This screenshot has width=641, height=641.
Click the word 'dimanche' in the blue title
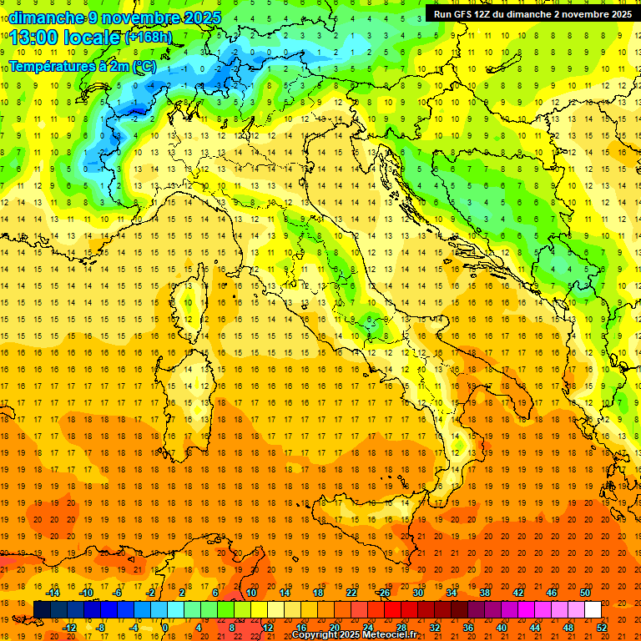pyautogui.click(x=47, y=18)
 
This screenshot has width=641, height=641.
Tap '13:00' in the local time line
pyautogui.click(x=34, y=37)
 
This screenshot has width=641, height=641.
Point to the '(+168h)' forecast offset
pyautogui.click(x=149, y=37)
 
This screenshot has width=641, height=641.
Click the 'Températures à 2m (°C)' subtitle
pyautogui.click(x=82, y=66)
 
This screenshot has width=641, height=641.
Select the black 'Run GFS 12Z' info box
pyautogui.click(x=532, y=13)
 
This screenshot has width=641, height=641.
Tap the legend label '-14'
pyautogui.click(x=53, y=593)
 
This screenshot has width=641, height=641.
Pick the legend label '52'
pyautogui.click(x=602, y=628)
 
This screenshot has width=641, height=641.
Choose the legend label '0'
pyautogui.click(x=165, y=628)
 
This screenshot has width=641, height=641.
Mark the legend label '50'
pyautogui.click(x=585, y=593)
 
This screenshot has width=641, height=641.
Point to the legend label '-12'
pyautogui.click(x=69, y=628)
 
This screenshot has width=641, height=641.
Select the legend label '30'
pyautogui.click(x=417, y=593)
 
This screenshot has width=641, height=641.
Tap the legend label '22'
pyautogui.click(x=351, y=593)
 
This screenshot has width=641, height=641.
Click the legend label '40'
pyautogui.click(x=501, y=628)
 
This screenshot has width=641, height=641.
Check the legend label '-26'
pyautogui.click(x=383, y=593)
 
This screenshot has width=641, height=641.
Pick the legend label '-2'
pyautogui.click(x=150, y=593)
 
